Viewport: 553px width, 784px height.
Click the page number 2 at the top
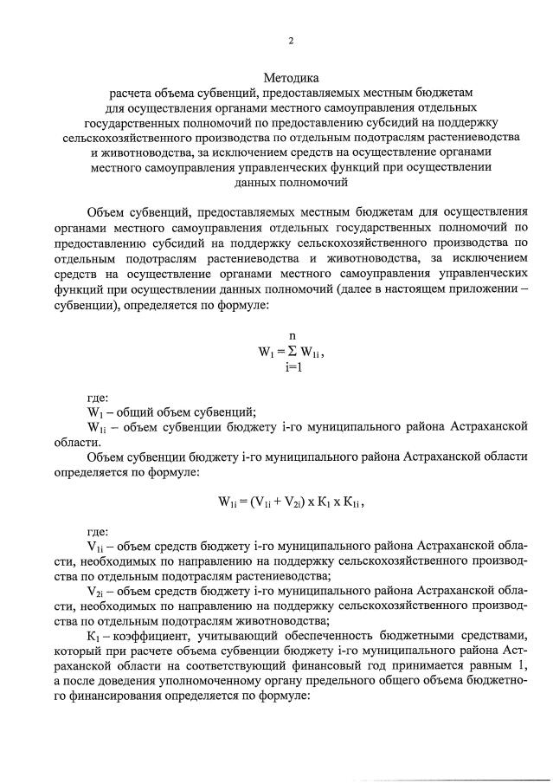290,41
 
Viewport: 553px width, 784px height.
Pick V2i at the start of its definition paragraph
96,589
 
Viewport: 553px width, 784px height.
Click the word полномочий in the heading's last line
308,185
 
